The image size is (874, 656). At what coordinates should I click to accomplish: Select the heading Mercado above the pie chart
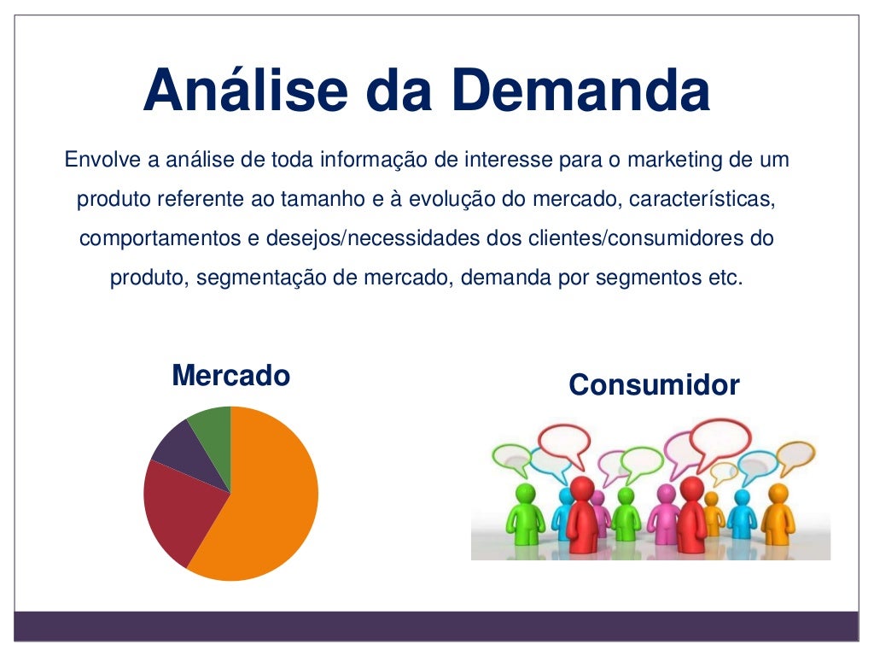[x=230, y=376]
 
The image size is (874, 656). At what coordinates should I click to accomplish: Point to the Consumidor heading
[x=654, y=385]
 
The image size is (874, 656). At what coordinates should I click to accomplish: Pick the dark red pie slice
[x=175, y=512]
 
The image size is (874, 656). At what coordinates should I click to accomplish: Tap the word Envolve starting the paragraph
[x=98, y=160]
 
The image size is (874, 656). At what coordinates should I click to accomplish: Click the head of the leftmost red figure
[x=582, y=489]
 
